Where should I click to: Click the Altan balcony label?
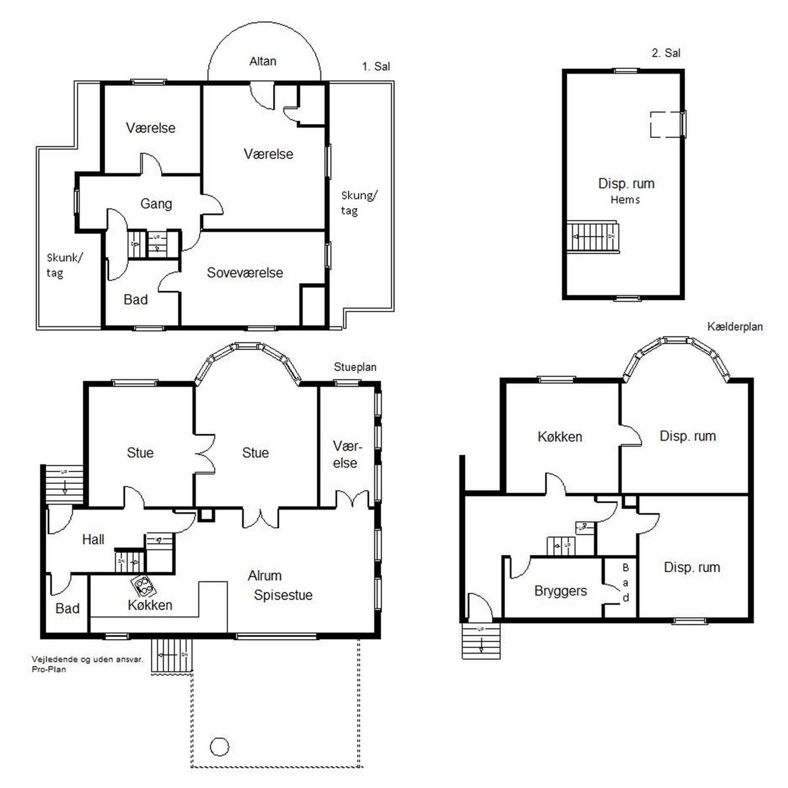tap(263, 61)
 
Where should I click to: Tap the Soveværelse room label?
tap(244, 273)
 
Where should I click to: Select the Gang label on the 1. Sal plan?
tap(156, 204)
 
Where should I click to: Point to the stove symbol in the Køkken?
tap(144, 585)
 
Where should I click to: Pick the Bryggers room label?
tap(560, 591)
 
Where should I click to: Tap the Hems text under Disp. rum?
tap(625, 200)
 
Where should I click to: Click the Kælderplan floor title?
tap(735, 327)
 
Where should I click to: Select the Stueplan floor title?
tap(355, 367)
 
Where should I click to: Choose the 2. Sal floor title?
tap(666, 53)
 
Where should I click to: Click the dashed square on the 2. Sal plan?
tap(667, 124)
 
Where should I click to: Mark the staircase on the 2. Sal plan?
tap(592, 237)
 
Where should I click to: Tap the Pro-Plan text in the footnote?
tap(49, 669)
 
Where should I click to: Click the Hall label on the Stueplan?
tap(93, 539)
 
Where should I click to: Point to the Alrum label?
tap(265, 576)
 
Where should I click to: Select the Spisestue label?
tap(283, 595)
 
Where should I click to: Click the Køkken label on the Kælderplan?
tap(560, 437)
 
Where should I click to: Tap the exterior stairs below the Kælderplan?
tap(481, 641)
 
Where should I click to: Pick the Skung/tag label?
tap(359, 203)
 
